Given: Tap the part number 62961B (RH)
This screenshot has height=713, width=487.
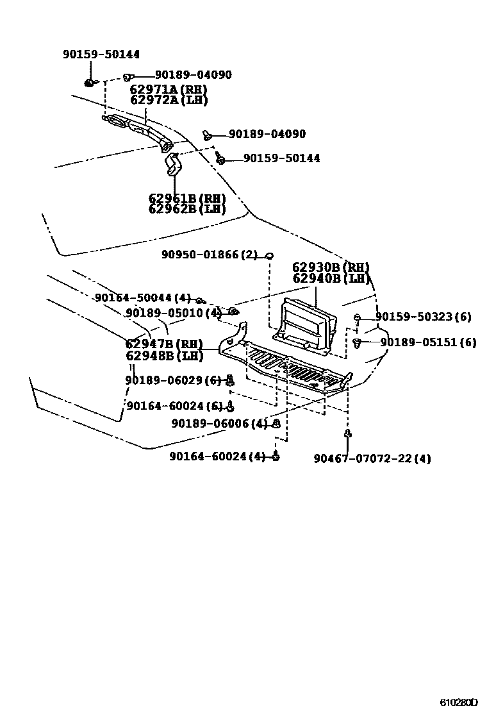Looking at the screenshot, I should tap(187, 199).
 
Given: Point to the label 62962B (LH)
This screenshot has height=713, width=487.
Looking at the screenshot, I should tap(187, 209).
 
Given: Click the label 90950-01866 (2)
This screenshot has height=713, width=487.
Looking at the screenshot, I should tap(209, 255).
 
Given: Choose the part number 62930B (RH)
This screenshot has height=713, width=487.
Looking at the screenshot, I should tap(331, 267).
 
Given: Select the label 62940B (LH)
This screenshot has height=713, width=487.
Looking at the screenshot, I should tap(331, 278).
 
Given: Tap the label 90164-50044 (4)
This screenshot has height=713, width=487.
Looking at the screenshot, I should tap(143, 298).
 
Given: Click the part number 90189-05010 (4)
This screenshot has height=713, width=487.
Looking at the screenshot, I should tap(173, 313).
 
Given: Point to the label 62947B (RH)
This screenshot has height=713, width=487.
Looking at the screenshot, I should tap(164, 344).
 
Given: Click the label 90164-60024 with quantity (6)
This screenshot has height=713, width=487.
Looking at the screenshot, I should tap(174, 406).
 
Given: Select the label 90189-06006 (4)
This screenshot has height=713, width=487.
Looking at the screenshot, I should tap(219, 424).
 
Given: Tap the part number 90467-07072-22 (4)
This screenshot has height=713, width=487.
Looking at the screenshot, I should tap(372, 458).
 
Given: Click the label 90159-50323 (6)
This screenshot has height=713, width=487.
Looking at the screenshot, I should tap(423, 317).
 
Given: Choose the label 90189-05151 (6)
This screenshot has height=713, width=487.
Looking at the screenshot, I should tap(428, 342).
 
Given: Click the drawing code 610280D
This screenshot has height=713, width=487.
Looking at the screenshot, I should tap(459, 701).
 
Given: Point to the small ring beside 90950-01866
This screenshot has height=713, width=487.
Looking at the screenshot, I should tap(270, 256).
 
